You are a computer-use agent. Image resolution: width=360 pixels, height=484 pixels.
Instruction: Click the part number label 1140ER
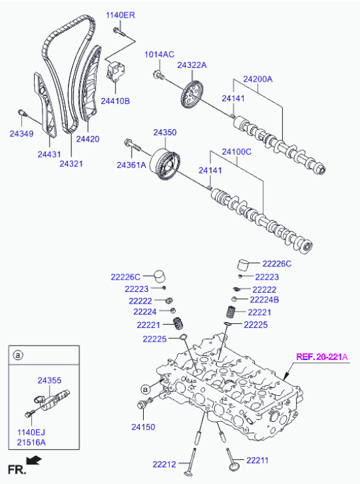(120, 15)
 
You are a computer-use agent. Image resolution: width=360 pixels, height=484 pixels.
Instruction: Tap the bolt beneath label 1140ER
(118, 32)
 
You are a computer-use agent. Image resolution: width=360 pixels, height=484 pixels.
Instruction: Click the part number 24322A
(192, 65)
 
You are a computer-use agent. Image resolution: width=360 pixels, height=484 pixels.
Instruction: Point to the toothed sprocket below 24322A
(191, 95)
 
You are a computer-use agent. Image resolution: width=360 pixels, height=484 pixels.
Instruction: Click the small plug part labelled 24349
(22, 112)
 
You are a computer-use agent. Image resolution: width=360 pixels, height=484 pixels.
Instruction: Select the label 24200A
(258, 79)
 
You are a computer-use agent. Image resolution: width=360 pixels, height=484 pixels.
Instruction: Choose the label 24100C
(237, 152)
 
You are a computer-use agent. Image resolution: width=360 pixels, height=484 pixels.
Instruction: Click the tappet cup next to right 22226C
(244, 265)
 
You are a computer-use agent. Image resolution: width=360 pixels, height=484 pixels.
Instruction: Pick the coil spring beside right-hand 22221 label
(231, 312)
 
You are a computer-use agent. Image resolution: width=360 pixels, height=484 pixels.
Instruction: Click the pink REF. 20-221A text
(321, 357)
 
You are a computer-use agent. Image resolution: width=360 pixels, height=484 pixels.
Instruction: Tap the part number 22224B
(265, 300)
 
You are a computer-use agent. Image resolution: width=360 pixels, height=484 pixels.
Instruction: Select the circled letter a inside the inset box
(18, 355)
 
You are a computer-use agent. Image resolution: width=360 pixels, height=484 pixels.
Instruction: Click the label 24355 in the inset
(50, 381)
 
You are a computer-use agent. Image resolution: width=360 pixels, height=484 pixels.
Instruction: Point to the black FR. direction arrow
(33, 461)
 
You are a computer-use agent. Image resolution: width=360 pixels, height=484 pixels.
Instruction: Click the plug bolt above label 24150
(144, 403)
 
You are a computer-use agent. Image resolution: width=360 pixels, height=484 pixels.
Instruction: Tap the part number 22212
(164, 464)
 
